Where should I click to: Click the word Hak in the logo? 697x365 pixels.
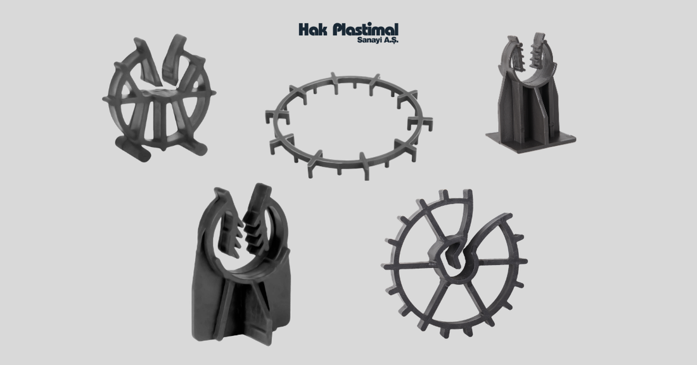314,30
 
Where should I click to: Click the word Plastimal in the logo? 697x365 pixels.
366,30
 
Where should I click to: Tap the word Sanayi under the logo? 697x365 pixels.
367,40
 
